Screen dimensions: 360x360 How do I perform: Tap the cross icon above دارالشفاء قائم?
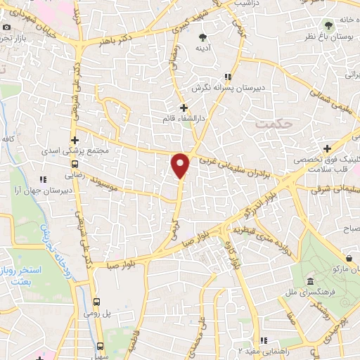pos(184,108)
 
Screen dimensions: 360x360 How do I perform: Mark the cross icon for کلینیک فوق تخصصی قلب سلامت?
pos(328,148)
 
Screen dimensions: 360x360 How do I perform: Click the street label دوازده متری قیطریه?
pos(262,245)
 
